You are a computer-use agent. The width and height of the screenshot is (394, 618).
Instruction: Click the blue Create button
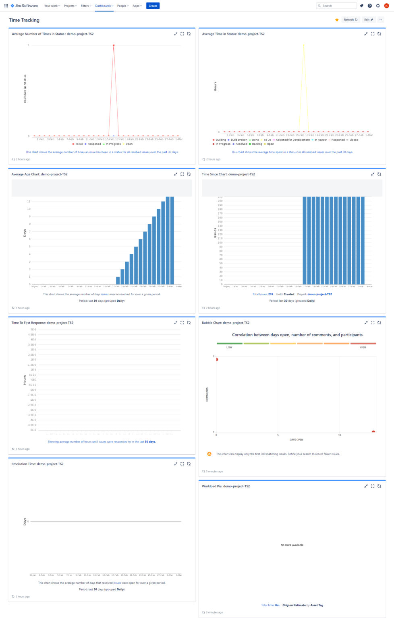point(153,6)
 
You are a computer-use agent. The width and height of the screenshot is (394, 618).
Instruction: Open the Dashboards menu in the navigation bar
point(104,6)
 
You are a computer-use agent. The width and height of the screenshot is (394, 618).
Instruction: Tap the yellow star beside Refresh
point(337,20)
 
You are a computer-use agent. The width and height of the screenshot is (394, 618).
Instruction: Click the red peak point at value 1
point(114,45)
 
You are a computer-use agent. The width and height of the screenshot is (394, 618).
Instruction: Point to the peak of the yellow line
point(304,45)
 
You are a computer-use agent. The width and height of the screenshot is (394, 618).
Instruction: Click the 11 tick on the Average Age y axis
point(29,201)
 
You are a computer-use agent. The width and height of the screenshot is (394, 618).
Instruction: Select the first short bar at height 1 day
point(118,280)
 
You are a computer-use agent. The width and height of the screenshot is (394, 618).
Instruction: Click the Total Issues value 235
point(270,294)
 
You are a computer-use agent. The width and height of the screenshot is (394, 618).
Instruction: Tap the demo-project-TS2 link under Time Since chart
point(319,294)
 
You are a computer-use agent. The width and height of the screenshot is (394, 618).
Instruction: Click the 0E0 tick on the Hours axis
point(34,380)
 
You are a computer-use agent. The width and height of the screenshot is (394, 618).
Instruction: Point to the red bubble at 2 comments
point(217,359)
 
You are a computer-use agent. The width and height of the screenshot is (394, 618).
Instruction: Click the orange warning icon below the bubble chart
point(209,454)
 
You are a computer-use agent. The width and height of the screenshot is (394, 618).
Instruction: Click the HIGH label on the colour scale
point(363,347)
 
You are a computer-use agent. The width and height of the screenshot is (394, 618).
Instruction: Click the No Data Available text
point(292,545)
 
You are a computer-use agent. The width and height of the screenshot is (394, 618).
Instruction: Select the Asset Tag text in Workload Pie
point(317,605)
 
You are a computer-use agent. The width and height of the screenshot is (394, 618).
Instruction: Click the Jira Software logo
point(25,6)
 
